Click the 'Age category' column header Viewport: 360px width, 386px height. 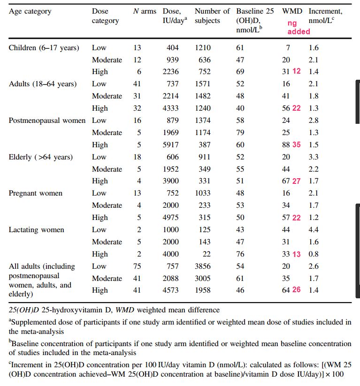(x=30, y=11)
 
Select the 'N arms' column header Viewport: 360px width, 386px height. (x=145, y=11)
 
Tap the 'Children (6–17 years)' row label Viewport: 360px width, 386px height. (x=44, y=47)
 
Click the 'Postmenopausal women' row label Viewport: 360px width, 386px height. (x=47, y=120)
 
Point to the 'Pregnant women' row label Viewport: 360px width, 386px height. (x=36, y=193)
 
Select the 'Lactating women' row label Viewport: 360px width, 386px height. (x=37, y=230)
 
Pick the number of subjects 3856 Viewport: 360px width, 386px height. (x=203, y=266)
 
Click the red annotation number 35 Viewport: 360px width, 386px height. (x=297, y=144)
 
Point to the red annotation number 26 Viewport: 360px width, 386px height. (x=297, y=290)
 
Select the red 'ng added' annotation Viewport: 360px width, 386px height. (x=299, y=27)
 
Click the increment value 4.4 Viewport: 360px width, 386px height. (x=313, y=230)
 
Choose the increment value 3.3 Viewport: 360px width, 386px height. (x=313, y=157)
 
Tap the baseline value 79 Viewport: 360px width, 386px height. (x=240, y=132)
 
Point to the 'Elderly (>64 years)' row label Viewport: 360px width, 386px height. (x=41, y=157)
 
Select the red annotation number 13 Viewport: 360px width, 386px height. (x=297, y=254)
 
